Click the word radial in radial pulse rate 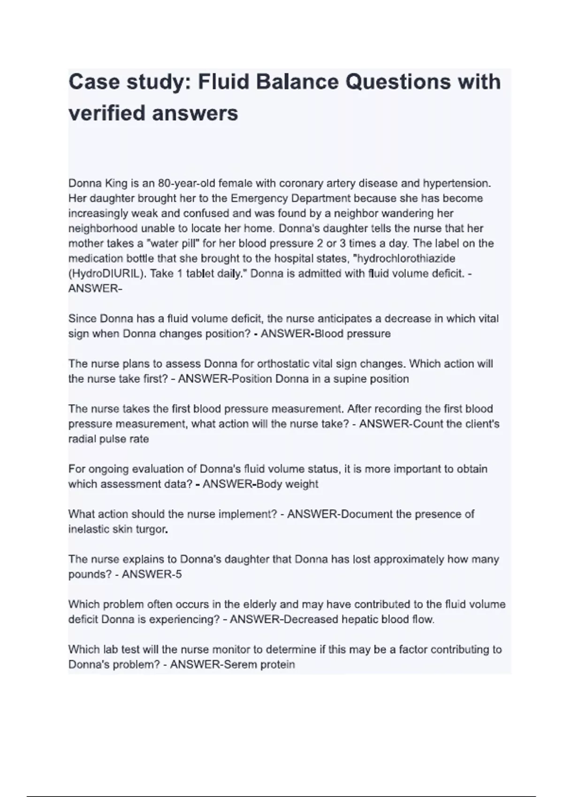82,439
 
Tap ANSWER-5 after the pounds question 152,574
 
